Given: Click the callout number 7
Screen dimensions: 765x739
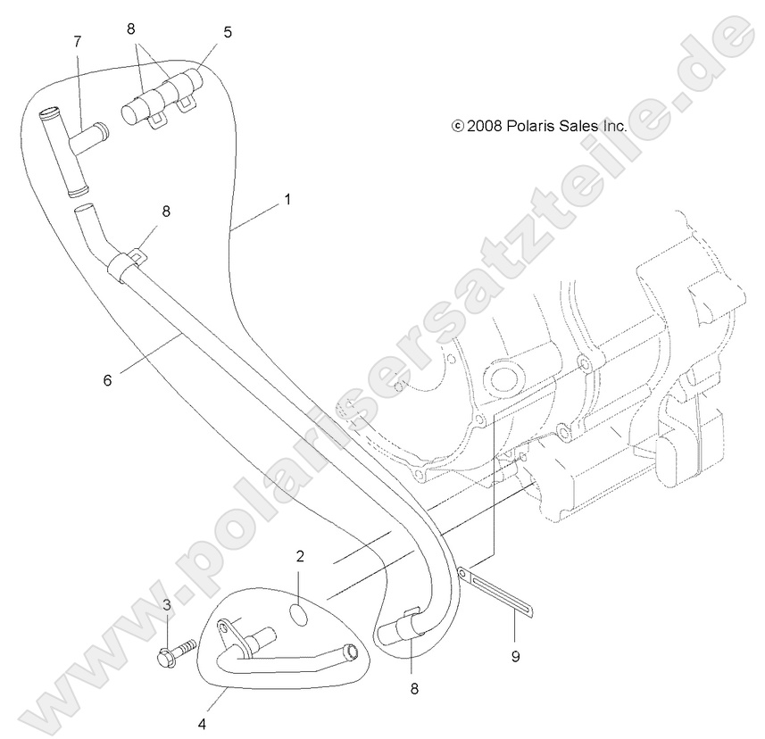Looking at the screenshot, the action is point(78,42).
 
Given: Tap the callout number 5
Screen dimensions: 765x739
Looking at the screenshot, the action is point(228,33).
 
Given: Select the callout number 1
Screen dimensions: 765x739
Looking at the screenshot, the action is point(287,200).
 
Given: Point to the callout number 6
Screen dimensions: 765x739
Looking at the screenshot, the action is point(107,380).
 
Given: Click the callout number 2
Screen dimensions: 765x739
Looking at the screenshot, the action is point(300,556).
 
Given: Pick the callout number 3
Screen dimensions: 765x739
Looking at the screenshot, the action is point(167,605).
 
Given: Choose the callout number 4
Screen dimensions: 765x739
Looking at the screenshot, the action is point(202,725).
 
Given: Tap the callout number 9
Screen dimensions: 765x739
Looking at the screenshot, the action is point(516,657).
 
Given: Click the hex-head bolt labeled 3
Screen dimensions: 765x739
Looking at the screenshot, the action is point(177,652).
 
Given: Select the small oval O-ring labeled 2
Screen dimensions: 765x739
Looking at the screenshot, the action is point(299,615).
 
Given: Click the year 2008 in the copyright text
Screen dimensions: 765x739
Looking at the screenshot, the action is point(485,127).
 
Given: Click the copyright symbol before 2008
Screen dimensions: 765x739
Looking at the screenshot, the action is point(458,127).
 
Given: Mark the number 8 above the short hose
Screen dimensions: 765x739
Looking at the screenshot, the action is point(130,29).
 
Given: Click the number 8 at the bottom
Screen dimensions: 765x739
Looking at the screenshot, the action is point(414,689).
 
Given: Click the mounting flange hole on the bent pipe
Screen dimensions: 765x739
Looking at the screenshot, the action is point(223,626).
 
